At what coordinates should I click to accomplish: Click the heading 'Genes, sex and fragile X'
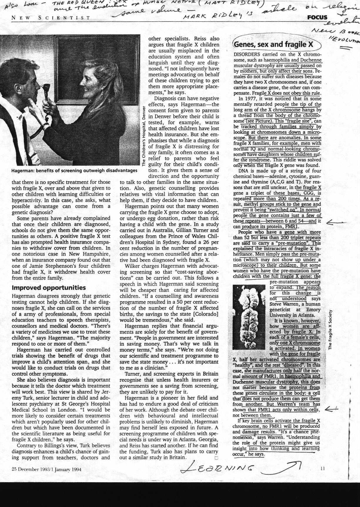[274, 45]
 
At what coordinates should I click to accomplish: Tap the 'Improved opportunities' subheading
[48, 287]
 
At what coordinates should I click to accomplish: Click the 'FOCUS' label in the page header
[317, 17]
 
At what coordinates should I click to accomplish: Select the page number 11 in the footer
[323, 468]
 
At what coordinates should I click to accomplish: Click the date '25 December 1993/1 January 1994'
[46, 469]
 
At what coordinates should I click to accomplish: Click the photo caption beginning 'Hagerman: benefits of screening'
[74, 170]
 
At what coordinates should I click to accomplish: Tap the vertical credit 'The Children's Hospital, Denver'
[144, 136]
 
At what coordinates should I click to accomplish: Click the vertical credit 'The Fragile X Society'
[330, 330]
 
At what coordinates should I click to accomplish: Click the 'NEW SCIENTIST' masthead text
[51, 18]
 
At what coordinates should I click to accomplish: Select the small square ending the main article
[216, 458]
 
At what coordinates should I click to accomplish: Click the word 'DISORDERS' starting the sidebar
[247, 54]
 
